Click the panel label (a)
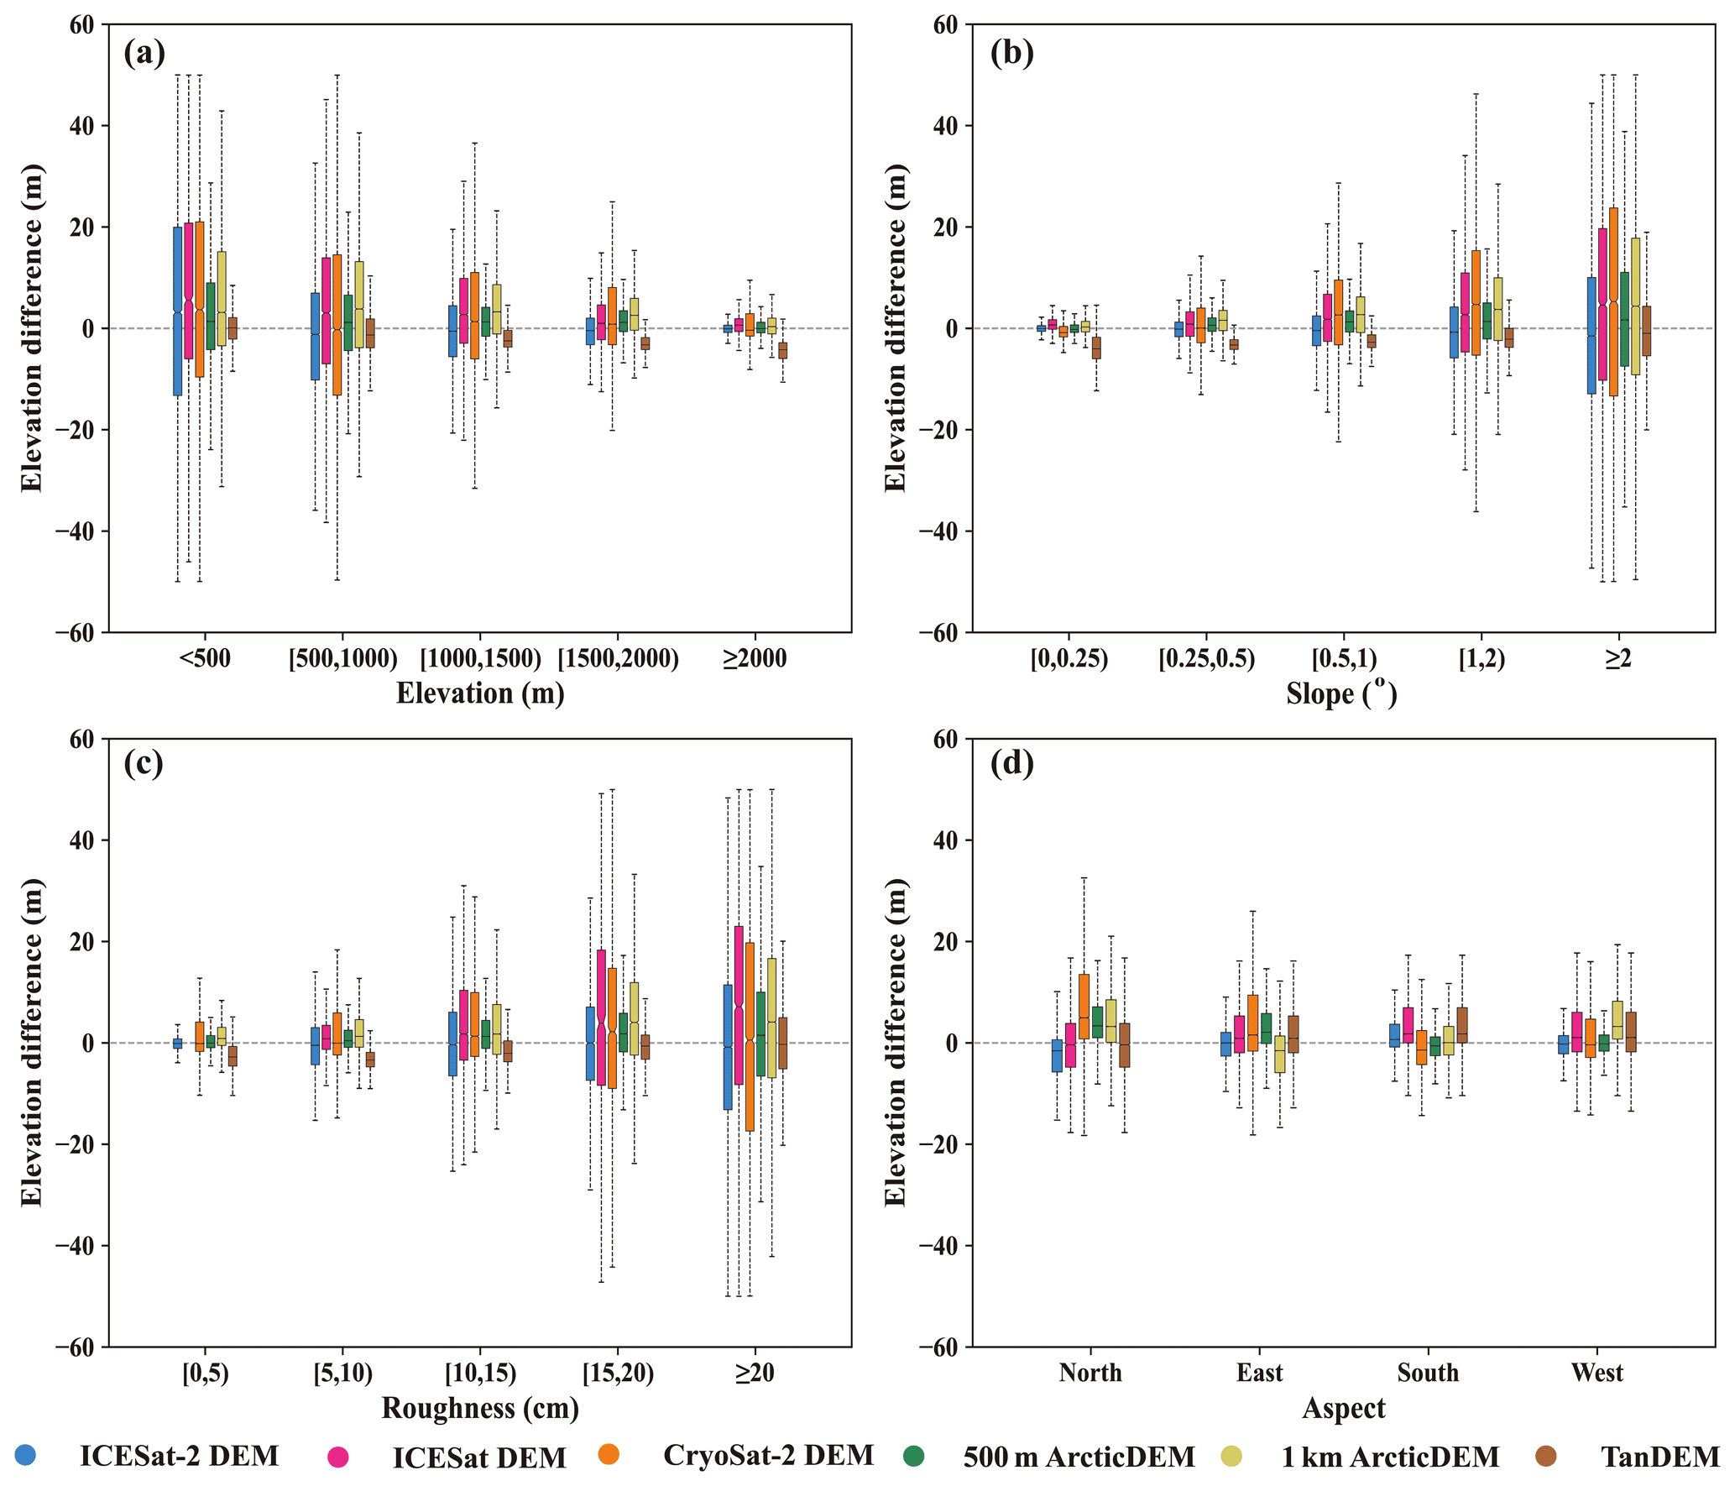pyautogui.click(x=144, y=54)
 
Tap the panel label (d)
pyautogui.click(x=1011, y=764)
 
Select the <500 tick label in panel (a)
pyautogui.click(x=204, y=658)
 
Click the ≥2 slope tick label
pyautogui.click(x=1618, y=659)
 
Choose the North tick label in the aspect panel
pyautogui.click(x=1090, y=1373)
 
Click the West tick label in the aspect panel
pyautogui.click(x=1597, y=1373)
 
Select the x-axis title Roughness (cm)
pyautogui.click(x=480, y=1408)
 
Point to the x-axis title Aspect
pyautogui.click(x=1343, y=1408)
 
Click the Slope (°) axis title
pyautogui.click(x=1341, y=693)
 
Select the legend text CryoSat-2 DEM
pyautogui.click(x=768, y=1455)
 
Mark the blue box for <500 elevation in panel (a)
pyautogui.click(x=178, y=311)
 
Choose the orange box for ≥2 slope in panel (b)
pyautogui.click(x=1613, y=301)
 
